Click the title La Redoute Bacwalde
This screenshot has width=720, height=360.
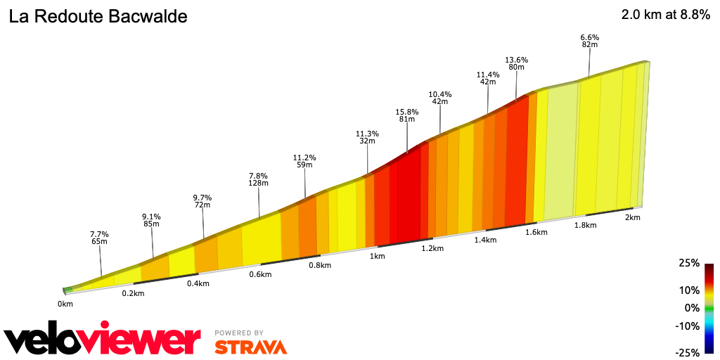pyautogui.click(x=98, y=17)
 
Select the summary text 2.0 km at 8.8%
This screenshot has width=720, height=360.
pyautogui.click(x=665, y=15)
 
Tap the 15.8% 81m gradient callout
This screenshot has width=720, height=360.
pyautogui.click(x=407, y=115)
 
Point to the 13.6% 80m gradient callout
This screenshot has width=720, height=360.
pyautogui.click(x=516, y=63)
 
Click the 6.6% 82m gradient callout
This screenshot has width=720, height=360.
pyautogui.click(x=589, y=41)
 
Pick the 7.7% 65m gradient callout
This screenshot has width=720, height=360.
pyautogui.click(x=99, y=238)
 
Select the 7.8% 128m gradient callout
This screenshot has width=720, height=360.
pyautogui.click(x=259, y=179)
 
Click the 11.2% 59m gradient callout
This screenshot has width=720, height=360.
pyautogui.click(x=304, y=162)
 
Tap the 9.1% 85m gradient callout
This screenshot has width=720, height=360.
pyautogui.click(x=151, y=221)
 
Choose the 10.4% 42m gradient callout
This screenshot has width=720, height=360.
pyautogui.click(x=440, y=98)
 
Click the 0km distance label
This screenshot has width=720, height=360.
pyautogui.click(x=65, y=304)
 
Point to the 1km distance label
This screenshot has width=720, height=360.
pyautogui.click(x=378, y=256)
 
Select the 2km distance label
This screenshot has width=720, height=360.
pyautogui.click(x=632, y=217)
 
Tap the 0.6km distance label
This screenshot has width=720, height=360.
pyautogui.click(x=260, y=274)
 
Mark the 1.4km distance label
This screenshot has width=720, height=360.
pyautogui.click(x=485, y=240)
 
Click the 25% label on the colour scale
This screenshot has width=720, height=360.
pyautogui.click(x=689, y=263)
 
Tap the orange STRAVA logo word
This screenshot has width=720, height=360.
pyautogui.click(x=250, y=347)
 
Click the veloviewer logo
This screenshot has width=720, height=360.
pyautogui.click(x=103, y=341)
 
